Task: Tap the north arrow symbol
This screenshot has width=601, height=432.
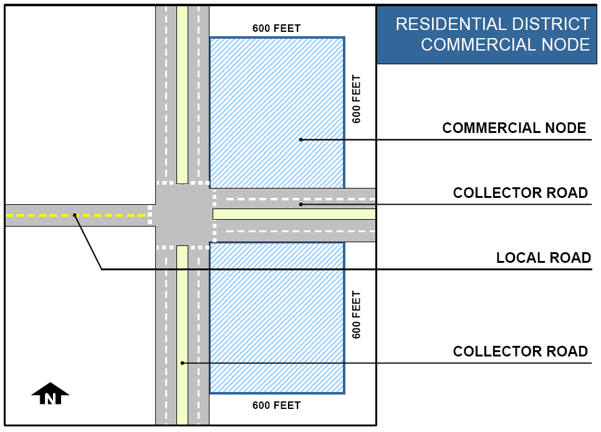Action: tap(50, 394)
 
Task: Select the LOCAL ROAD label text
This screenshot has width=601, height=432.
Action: tap(543, 258)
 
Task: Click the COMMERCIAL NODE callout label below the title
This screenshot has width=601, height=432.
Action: tap(514, 128)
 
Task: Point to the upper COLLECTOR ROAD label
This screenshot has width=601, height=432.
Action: tap(520, 193)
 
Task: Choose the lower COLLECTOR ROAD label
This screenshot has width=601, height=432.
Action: tap(520, 351)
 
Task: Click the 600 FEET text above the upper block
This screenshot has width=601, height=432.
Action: tap(276, 28)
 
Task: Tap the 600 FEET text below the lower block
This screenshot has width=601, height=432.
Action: tap(276, 405)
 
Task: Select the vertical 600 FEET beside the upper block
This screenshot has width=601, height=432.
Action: tap(357, 99)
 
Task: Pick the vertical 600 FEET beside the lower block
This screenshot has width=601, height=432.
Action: tap(357, 315)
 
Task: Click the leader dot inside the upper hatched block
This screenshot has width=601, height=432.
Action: tap(300, 139)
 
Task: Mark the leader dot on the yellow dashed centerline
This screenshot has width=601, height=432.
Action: tap(74, 215)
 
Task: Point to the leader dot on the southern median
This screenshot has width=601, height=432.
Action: tap(182, 363)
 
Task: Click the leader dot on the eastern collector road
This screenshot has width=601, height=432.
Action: tap(300, 204)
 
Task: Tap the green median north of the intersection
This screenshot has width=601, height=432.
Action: tap(182, 94)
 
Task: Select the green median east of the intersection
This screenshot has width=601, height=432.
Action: tap(293, 214)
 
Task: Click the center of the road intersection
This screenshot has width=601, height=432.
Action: tap(182, 215)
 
